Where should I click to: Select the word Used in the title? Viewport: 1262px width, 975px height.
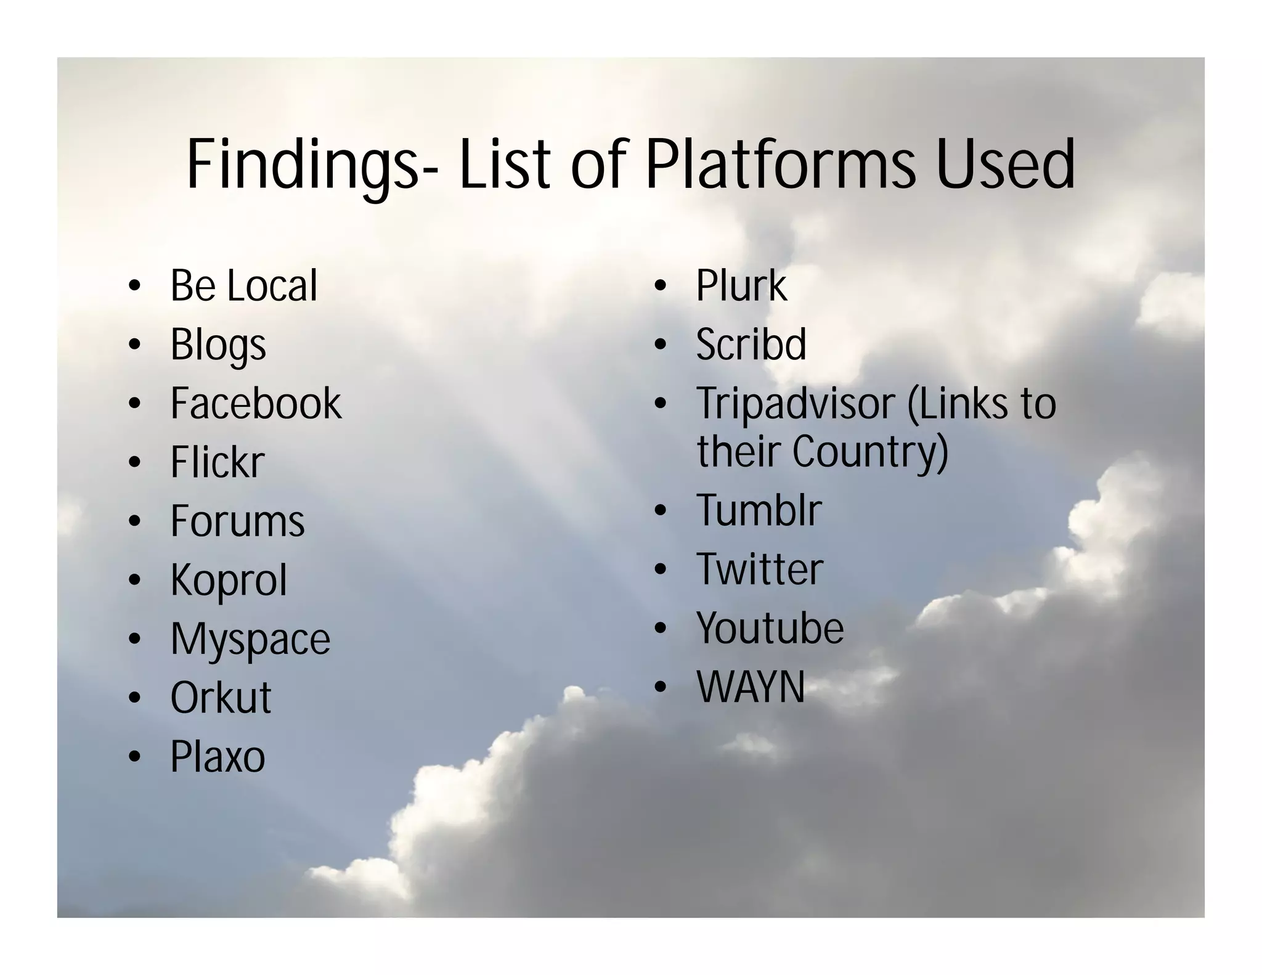coord(1006,164)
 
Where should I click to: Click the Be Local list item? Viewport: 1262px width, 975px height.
coord(243,285)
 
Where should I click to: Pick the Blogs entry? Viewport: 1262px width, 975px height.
coord(218,345)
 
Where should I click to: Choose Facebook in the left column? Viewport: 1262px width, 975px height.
coord(256,404)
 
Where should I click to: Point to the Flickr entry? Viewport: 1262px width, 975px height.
coord(218,462)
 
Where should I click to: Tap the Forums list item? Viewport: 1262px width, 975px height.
coord(237,521)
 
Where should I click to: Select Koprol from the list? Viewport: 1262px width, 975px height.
coord(229,580)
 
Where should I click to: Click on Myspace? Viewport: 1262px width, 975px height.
coord(250,639)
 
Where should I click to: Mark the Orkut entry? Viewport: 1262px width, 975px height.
coord(221,698)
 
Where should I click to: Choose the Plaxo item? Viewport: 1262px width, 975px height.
coord(218,757)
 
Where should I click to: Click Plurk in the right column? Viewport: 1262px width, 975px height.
coord(741,285)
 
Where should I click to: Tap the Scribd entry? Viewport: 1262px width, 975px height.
coord(751,345)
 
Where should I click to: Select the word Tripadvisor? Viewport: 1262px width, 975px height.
coord(796,404)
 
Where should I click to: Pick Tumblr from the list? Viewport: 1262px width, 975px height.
coord(759,510)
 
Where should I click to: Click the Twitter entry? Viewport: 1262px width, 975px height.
coord(759,569)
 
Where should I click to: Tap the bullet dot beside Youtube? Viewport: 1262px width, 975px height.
coord(661,628)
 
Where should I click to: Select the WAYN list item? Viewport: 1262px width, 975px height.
coord(751,687)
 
